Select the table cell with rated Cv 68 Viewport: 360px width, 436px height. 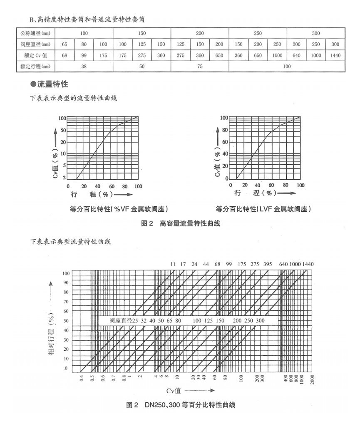(65, 55)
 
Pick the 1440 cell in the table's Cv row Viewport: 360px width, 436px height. (335, 55)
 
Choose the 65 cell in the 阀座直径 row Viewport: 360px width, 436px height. (65, 44)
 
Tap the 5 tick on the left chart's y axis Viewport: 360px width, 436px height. (64, 166)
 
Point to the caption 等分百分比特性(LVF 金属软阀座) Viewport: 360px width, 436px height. (263, 209)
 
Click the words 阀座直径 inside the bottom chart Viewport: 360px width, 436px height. (121, 321)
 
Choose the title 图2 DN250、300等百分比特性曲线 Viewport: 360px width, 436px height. (181, 405)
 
